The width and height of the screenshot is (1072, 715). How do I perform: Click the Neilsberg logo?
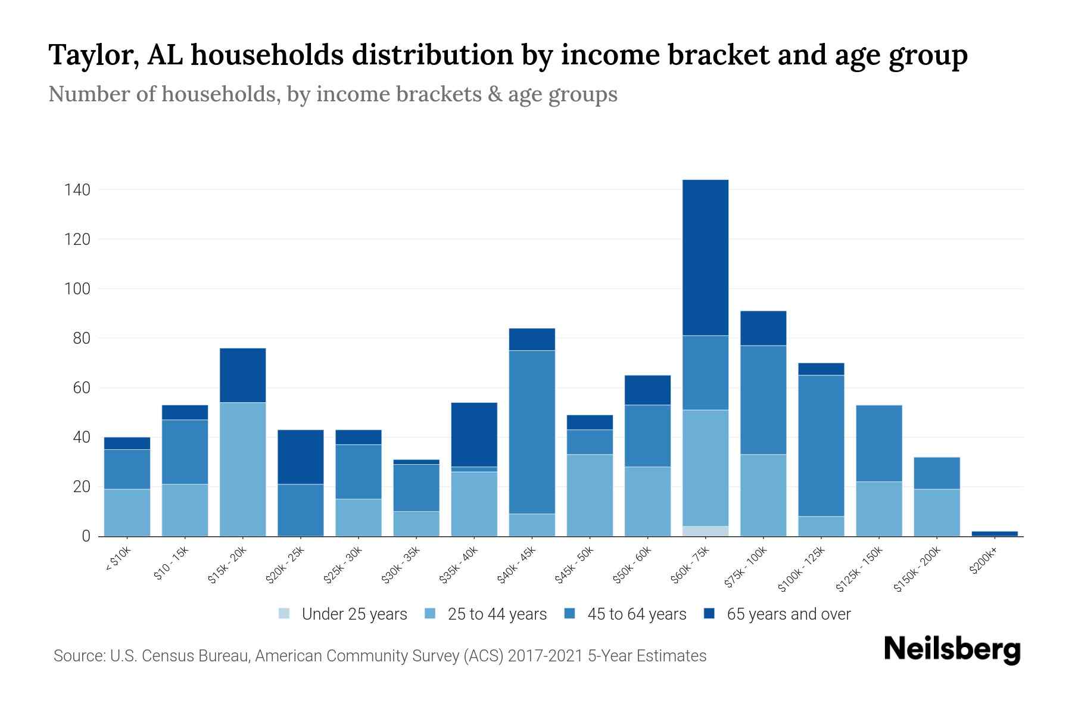pos(952,649)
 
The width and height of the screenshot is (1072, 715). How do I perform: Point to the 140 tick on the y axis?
pos(77,190)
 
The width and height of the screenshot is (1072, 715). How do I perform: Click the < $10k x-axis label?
pos(119,560)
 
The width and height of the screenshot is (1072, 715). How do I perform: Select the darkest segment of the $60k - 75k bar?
pos(705,257)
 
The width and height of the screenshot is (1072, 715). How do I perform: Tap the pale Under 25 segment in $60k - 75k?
pos(705,531)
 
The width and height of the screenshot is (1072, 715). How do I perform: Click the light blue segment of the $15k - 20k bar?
pos(242,469)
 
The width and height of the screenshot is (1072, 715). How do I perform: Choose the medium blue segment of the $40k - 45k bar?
pos(532,432)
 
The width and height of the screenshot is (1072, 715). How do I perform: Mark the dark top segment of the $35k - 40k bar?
pos(474,434)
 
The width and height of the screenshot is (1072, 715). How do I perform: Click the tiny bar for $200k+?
pos(995,533)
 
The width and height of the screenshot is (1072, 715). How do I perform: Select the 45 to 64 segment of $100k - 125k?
pos(821,445)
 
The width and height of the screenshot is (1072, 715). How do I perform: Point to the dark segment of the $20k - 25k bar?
pos(300,456)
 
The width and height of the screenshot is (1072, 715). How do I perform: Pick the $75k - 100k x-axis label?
pos(746,567)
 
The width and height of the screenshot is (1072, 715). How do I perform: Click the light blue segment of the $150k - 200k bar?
pos(937,512)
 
